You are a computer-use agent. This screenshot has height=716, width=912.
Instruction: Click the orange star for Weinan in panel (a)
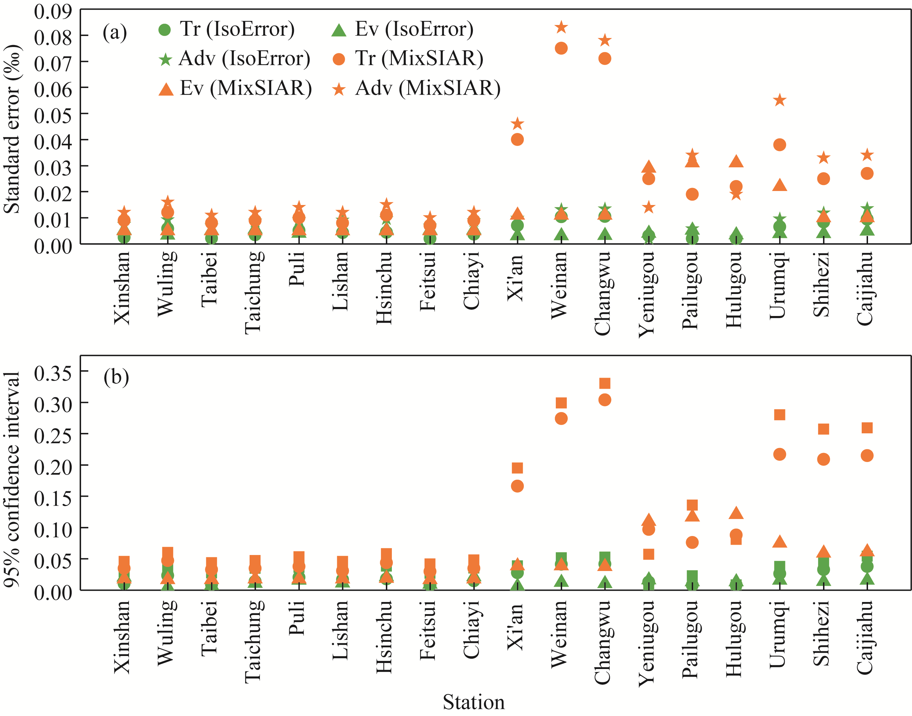click(x=561, y=28)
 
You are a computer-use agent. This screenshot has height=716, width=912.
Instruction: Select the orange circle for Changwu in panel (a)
click(x=604, y=59)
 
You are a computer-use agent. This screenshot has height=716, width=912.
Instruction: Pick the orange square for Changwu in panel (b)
click(x=604, y=383)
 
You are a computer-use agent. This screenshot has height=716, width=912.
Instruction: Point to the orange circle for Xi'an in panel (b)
click(x=517, y=486)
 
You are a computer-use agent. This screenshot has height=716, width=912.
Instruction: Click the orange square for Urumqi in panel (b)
click(x=779, y=415)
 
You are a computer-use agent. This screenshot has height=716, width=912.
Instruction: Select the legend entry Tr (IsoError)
click(x=227, y=29)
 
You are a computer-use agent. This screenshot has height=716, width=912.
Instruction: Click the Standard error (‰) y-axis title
click(x=13, y=129)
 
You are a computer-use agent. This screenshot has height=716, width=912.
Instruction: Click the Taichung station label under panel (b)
click(x=254, y=641)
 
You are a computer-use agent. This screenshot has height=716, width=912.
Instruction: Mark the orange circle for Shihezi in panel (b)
click(x=823, y=459)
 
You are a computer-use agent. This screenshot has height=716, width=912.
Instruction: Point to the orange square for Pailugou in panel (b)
click(x=692, y=505)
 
